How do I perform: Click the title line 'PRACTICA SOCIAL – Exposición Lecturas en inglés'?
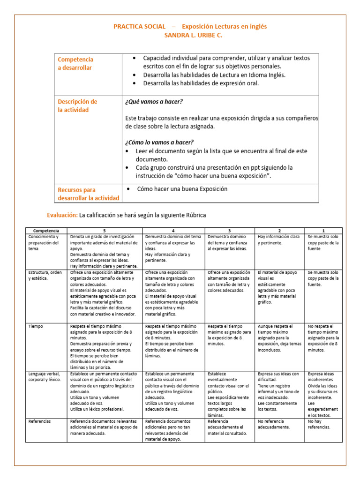coord(190,26)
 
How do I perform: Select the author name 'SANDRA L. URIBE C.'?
coord(190,35)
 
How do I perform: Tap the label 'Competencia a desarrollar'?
coord(75,64)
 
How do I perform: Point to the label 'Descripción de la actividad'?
coord(78,106)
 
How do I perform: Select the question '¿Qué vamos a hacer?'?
coord(154,102)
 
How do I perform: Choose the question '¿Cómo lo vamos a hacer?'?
coord(159,142)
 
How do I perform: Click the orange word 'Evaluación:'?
coord(62,215)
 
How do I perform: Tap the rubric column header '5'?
coord(105,231)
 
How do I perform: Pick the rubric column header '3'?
coord(229,231)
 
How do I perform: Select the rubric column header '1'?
coord(323,231)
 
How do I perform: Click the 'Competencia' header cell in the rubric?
coord(46,231)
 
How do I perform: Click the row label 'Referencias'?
coord(39,421)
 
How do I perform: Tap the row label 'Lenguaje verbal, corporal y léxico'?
coord(45,376)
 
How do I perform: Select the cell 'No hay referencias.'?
coord(319,424)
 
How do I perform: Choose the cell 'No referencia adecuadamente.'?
coord(274,424)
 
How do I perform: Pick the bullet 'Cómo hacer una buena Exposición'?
coord(182,189)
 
